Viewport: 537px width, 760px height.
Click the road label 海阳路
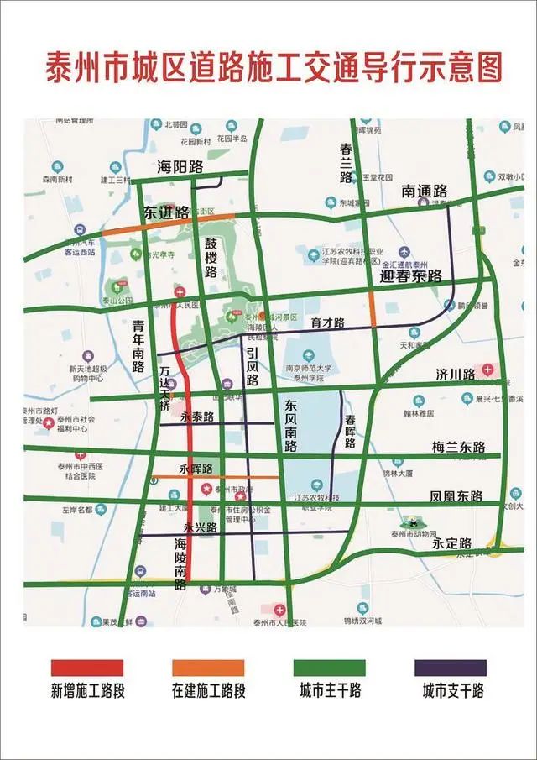click(x=180, y=167)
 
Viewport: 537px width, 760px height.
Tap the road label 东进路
click(x=166, y=213)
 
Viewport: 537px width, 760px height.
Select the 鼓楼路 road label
click(x=211, y=257)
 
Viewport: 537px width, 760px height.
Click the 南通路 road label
click(x=425, y=191)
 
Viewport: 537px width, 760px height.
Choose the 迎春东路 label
click(x=411, y=276)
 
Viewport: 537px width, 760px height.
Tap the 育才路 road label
click(x=327, y=322)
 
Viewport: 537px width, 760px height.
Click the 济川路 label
click(x=456, y=372)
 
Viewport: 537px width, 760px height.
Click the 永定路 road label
click(x=452, y=543)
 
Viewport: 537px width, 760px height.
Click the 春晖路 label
click(x=350, y=432)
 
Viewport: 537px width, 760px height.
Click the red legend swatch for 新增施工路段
click(x=87, y=668)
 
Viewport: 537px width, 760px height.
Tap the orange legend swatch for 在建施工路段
click(x=208, y=668)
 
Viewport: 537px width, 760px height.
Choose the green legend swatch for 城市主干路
click(x=330, y=668)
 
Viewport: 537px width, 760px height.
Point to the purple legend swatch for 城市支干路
click(x=451, y=668)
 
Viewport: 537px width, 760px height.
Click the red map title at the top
click(x=274, y=66)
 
